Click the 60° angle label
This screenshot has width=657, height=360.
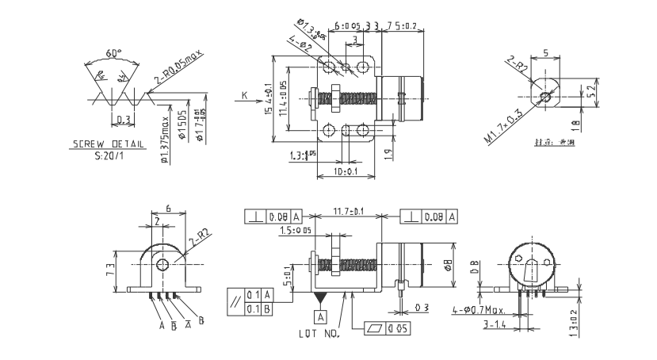[114, 53]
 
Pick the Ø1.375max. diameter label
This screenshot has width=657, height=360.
[164, 140]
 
